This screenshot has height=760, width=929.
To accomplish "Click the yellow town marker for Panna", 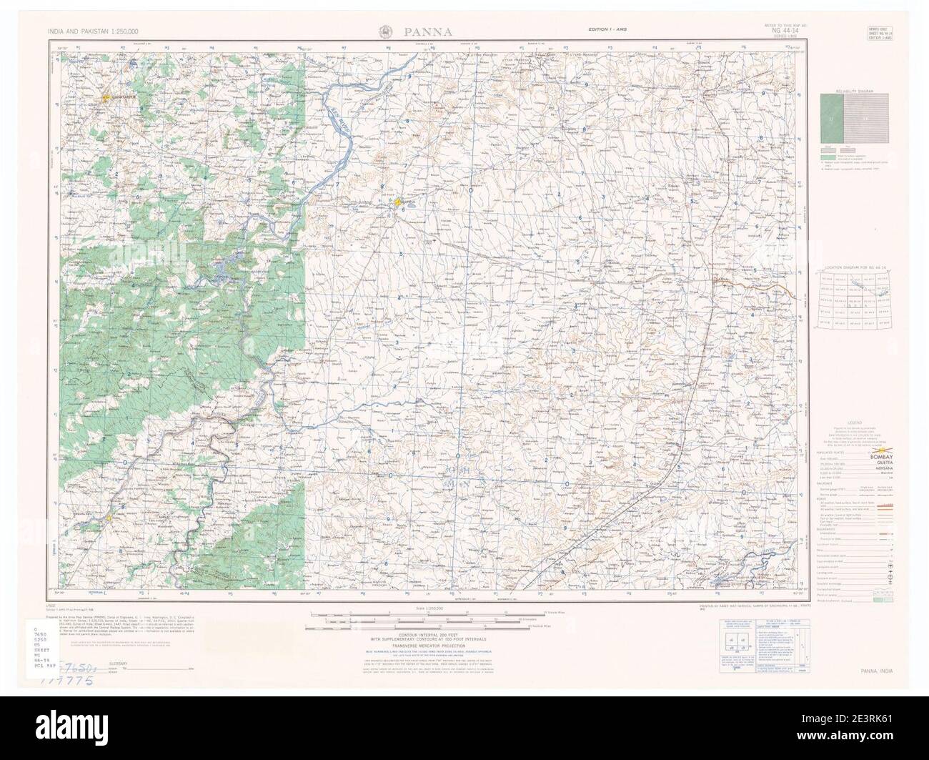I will coord(397,203).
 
